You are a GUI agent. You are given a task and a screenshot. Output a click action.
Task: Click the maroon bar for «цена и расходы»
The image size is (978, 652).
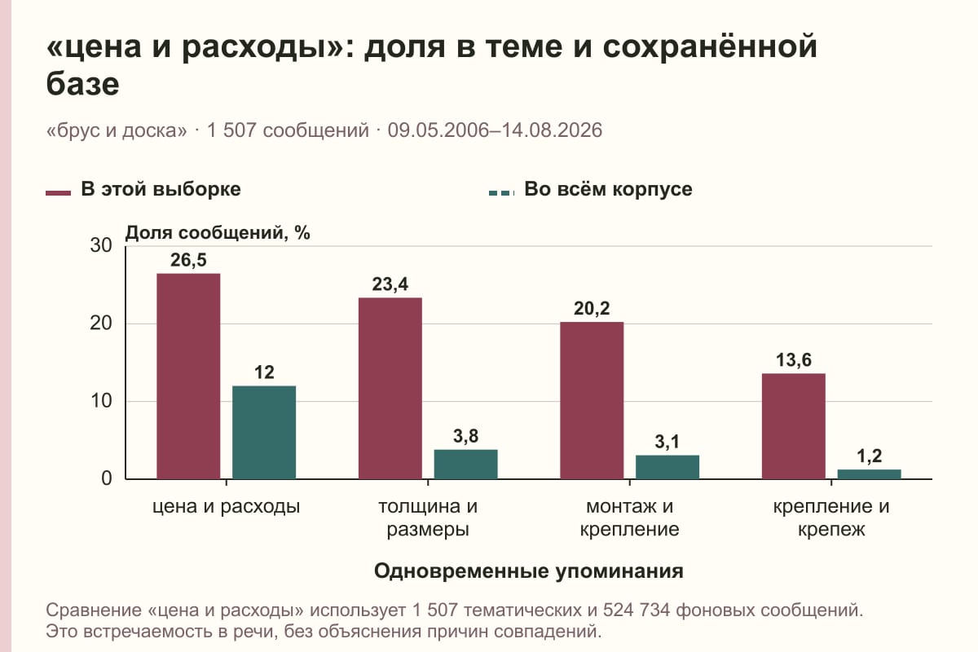[x=188, y=376]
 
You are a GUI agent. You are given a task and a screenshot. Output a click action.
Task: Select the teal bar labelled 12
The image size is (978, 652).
[x=264, y=432]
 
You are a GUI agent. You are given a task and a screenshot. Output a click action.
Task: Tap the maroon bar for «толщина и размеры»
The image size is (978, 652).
[x=390, y=388]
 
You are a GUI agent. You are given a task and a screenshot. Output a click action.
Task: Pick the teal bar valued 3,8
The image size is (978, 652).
[x=465, y=465]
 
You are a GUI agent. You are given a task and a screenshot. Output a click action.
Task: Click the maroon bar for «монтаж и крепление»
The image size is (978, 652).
[x=592, y=400]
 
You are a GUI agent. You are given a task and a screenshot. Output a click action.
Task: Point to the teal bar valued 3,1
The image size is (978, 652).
[x=667, y=467]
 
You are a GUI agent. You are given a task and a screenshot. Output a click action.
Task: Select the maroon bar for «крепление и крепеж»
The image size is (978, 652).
[x=793, y=426]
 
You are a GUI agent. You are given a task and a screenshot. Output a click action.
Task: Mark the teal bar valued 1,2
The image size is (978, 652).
[x=869, y=474]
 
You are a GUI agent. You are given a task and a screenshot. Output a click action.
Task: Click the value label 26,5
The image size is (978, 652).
[x=188, y=260]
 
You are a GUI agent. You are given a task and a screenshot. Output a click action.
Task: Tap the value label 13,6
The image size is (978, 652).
[x=793, y=360]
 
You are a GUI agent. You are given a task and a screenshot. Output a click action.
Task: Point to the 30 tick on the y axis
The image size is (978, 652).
[x=101, y=245]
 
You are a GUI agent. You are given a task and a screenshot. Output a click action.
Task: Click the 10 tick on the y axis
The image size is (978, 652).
[x=101, y=401]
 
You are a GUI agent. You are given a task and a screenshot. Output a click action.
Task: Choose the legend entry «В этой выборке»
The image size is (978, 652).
[x=143, y=190]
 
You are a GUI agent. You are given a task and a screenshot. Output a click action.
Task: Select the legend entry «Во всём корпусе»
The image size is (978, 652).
[x=590, y=190]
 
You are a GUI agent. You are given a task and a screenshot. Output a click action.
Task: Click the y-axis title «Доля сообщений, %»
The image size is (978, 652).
[x=218, y=233]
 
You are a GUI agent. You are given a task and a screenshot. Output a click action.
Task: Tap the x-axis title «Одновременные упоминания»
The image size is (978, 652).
[x=529, y=571]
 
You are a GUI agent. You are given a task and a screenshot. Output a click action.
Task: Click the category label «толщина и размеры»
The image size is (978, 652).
[x=428, y=518]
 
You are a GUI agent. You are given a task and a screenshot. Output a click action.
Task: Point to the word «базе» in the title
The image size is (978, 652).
[x=82, y=84]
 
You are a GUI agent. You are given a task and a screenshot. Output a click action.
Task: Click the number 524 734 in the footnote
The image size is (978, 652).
[x=637, y=610]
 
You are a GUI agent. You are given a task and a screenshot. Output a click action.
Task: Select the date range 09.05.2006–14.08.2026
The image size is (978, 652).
[x=496, y=130]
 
